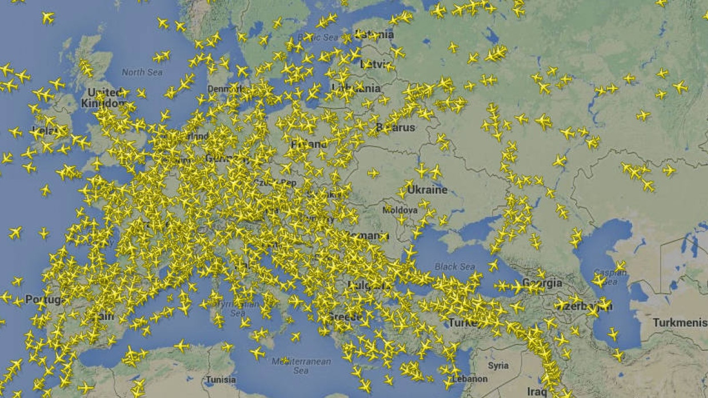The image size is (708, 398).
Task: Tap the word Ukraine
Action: pyautogui.click(x=427, y=190)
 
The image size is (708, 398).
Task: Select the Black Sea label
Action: pyautogui.click(x=454, y=266)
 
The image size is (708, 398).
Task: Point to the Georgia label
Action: pyautogui.click(x=542, y=283)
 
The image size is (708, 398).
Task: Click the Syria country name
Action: pyautogui.click(x=498, y=365)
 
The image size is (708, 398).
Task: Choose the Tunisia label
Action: pyautogui.click(x=220, y=380)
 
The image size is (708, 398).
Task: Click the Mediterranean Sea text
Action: pyautogui.click(x=301, y=365)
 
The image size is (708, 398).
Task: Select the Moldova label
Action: pyautogui.click(x=400, y=210)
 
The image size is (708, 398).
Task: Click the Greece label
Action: pyautogui.click(x=344, y=316)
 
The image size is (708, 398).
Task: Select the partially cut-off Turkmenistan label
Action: pyautogui.click(x=679, y=323)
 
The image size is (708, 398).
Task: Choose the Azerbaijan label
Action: pyautogui.click(x=588, y=306)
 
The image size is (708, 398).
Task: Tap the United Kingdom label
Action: pyautogui.click(x=104, y=98)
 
